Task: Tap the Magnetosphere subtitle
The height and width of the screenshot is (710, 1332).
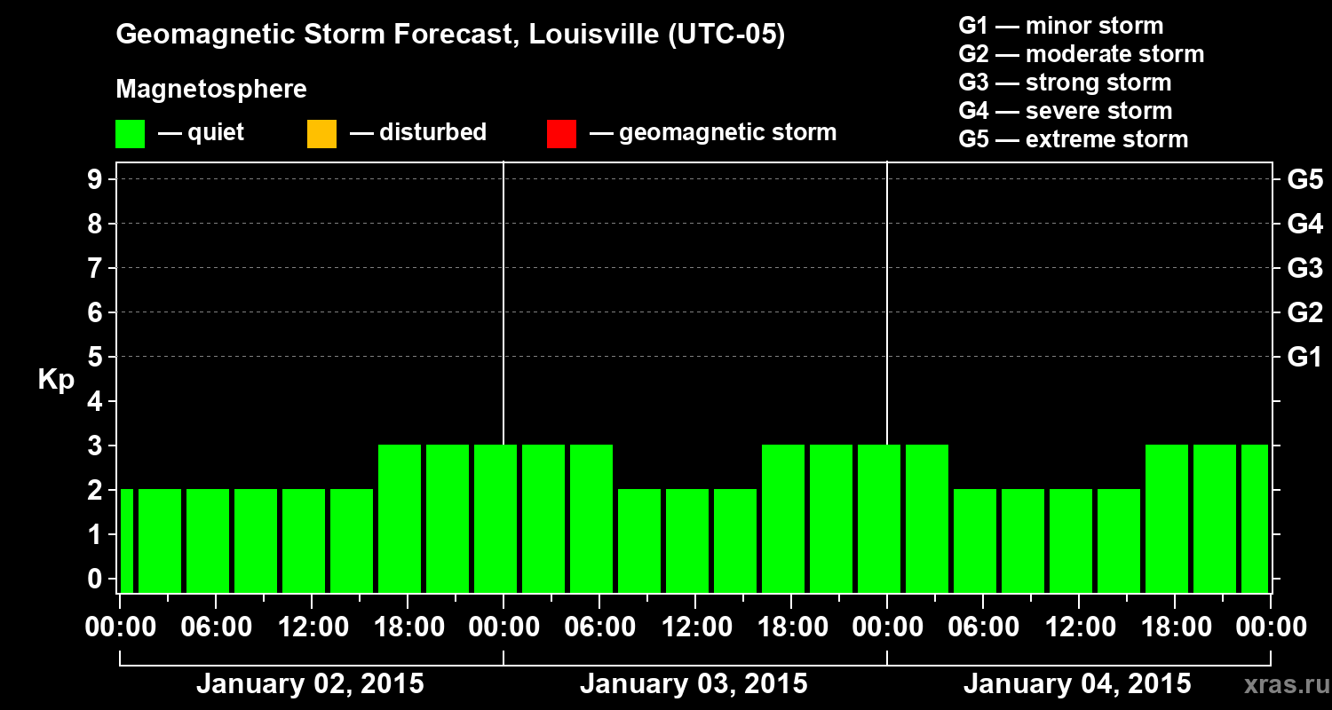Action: click(211, 90)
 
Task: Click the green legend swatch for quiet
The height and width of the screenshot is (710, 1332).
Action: click(130, 133)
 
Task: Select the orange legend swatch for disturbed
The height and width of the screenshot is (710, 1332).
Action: click(321, 133)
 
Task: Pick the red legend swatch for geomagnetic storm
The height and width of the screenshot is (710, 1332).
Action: click(561, 133)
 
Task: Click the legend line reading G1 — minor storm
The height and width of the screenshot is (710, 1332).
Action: click(1061, 26)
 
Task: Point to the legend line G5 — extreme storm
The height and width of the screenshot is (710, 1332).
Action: click(1073, 139)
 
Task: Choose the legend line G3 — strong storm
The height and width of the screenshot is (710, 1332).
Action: click(1065, 83)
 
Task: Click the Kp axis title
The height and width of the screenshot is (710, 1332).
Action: click(56, 380)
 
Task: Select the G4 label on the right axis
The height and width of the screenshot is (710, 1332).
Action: click(1304, 224)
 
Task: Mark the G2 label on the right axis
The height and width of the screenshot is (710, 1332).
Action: click(1304, 312)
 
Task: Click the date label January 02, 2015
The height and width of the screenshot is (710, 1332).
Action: click(310, 684)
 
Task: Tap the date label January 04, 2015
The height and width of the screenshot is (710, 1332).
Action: click(1077, 684)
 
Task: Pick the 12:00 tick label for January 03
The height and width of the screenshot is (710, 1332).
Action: click(695, 627)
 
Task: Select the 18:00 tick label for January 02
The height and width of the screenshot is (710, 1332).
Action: click(408, 627)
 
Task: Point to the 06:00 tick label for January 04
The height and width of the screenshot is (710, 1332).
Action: click(983, 627)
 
